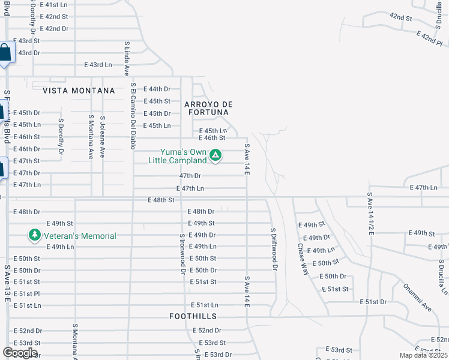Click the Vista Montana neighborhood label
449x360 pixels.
pos(79,90)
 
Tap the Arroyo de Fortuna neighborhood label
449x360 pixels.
pos(207,107)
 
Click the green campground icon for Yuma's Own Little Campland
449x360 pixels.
pos(216,157)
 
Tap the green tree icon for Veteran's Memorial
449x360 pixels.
pos(35,235)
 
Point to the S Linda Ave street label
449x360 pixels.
pos(127,58)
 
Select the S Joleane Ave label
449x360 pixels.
pos(103,137)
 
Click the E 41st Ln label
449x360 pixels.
pos(54,4)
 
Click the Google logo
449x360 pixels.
pos(20,352)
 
